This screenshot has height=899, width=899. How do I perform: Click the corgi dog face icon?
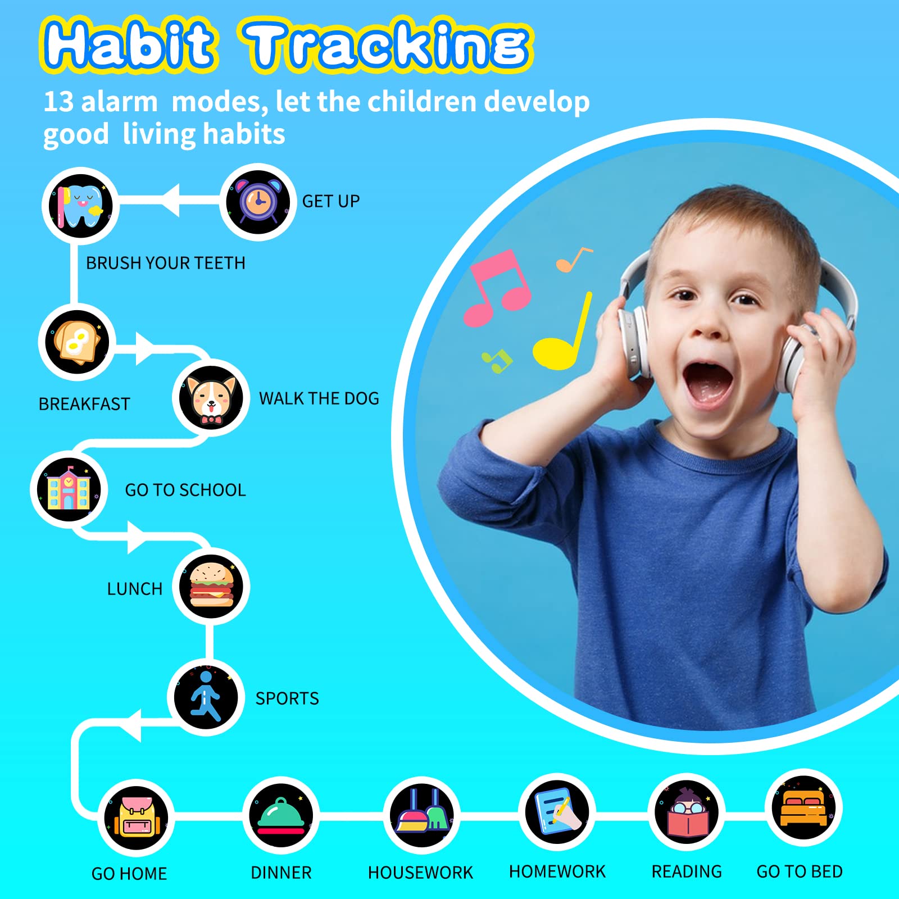pyautogui.click(x=211, y=398)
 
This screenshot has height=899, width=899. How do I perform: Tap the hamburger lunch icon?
pyautogui.click(x=211, y=585)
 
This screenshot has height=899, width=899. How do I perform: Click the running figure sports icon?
pyautogui.click(x=205, y=697)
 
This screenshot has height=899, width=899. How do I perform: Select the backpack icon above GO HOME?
pyautogui.click(x=136, y=818)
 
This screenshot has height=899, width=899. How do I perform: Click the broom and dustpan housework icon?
pyautogui.click(x=422, y=815)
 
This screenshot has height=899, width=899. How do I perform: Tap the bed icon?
pyautogui.click(x=803, y=808)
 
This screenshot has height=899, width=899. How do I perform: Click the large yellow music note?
pyautogui.click(x=562, y=337)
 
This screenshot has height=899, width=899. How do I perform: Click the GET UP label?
pyautogui.click(x=331, y=201)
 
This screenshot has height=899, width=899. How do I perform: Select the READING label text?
pyautogui.click(x=687, y=871)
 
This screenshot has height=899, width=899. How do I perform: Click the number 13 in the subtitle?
pyautogui.click(x=58, y=102)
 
